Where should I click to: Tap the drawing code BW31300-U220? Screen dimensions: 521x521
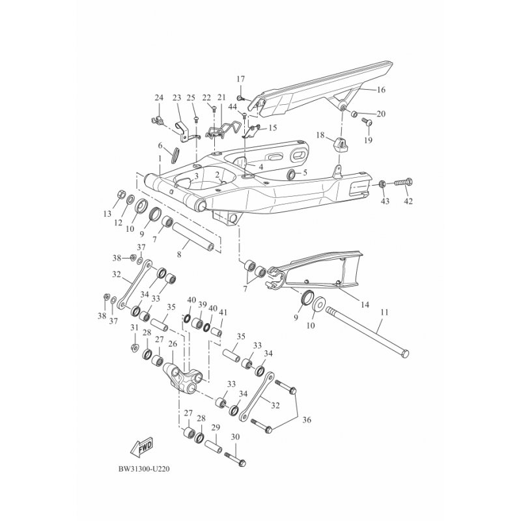(144, 470)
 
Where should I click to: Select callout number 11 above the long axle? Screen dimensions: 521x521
(384, 313)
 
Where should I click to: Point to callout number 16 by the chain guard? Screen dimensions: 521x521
(381, 90)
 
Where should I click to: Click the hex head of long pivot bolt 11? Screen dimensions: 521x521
(404, 354)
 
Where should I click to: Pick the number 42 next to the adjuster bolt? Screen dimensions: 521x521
(408, 201)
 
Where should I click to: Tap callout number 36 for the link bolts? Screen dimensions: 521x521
(307, 420)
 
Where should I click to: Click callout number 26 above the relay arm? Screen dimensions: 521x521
(173, 345)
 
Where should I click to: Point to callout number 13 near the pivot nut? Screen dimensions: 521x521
(107, 214)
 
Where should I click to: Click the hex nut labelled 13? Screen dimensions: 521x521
(121, 193)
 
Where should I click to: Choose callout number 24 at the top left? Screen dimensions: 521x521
(159, 98)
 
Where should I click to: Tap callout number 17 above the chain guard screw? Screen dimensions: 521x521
(240, 79)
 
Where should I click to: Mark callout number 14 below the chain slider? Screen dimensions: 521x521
(365, 304)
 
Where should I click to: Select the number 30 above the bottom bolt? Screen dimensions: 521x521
(235, 437)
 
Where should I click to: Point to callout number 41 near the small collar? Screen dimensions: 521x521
(223, 313)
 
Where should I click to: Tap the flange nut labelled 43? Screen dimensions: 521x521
(382, 184)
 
